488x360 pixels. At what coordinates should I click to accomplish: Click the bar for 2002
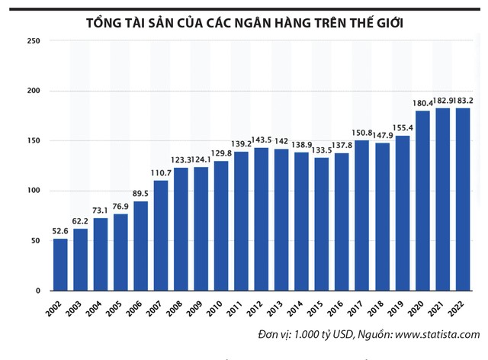(x=60, y=265)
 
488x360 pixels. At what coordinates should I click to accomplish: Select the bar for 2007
(x=161, y=236)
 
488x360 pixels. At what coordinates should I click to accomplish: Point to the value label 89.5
(x=141, y=194)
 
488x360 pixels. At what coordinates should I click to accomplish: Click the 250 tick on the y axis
(x=33, y=41)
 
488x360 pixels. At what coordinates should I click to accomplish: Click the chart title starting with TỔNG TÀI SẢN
(x=244, y=24)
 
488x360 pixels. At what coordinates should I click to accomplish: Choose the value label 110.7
(x=161, y=173)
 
